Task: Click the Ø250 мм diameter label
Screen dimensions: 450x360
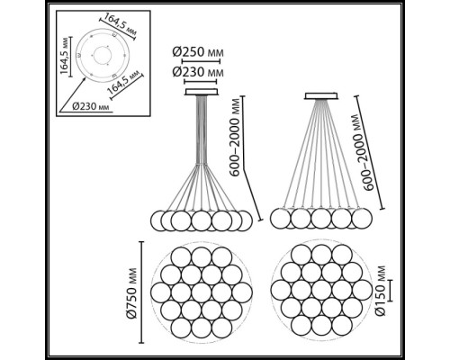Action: [198, 52]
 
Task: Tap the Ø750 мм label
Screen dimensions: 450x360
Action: [131, 292]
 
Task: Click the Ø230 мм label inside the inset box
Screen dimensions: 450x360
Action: [91, 106]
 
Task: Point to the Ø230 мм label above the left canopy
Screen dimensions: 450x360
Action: [198, 72]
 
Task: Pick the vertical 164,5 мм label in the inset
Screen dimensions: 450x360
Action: [64, 57]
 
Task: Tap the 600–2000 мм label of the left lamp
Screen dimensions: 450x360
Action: [235, 137]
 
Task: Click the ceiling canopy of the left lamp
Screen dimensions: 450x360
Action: [202, 92]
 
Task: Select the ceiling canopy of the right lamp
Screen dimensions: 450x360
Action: [321, 96]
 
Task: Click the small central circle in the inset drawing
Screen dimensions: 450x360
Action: [103, 55]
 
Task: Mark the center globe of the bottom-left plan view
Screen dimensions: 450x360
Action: [202, 292]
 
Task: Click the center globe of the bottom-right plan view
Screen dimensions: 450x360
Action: [321, 291]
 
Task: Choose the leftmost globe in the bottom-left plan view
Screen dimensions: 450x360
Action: [160, 292]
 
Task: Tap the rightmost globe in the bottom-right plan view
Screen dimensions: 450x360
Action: [362, 291]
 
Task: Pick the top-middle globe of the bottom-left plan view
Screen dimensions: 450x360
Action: [202, 257]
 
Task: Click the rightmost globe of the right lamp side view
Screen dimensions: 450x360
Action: [362, 219]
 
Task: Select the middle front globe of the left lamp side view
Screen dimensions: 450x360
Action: [202, 220]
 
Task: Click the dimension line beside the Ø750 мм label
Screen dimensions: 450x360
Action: [141, 292]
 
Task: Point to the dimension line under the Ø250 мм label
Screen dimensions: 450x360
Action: [201, 61]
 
